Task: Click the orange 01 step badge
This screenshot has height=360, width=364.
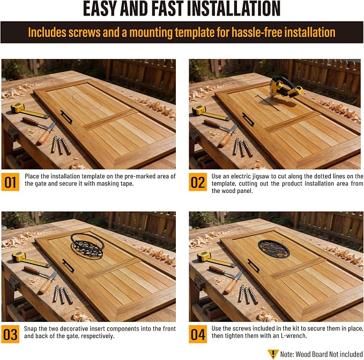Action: pos(10,182)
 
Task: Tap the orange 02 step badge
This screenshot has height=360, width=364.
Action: pos(198,182)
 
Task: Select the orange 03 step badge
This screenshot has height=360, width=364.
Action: pos(10,334)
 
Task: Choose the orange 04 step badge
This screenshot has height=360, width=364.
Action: pos(198,334)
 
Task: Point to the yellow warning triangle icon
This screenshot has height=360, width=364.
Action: pos(273,354)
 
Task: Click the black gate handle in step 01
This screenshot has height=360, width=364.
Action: pos(66,116)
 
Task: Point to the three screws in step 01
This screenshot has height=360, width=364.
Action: pos(61,145)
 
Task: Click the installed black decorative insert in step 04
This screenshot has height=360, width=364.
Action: pos(274,249)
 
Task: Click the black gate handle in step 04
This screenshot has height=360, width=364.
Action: pos(254,265)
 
